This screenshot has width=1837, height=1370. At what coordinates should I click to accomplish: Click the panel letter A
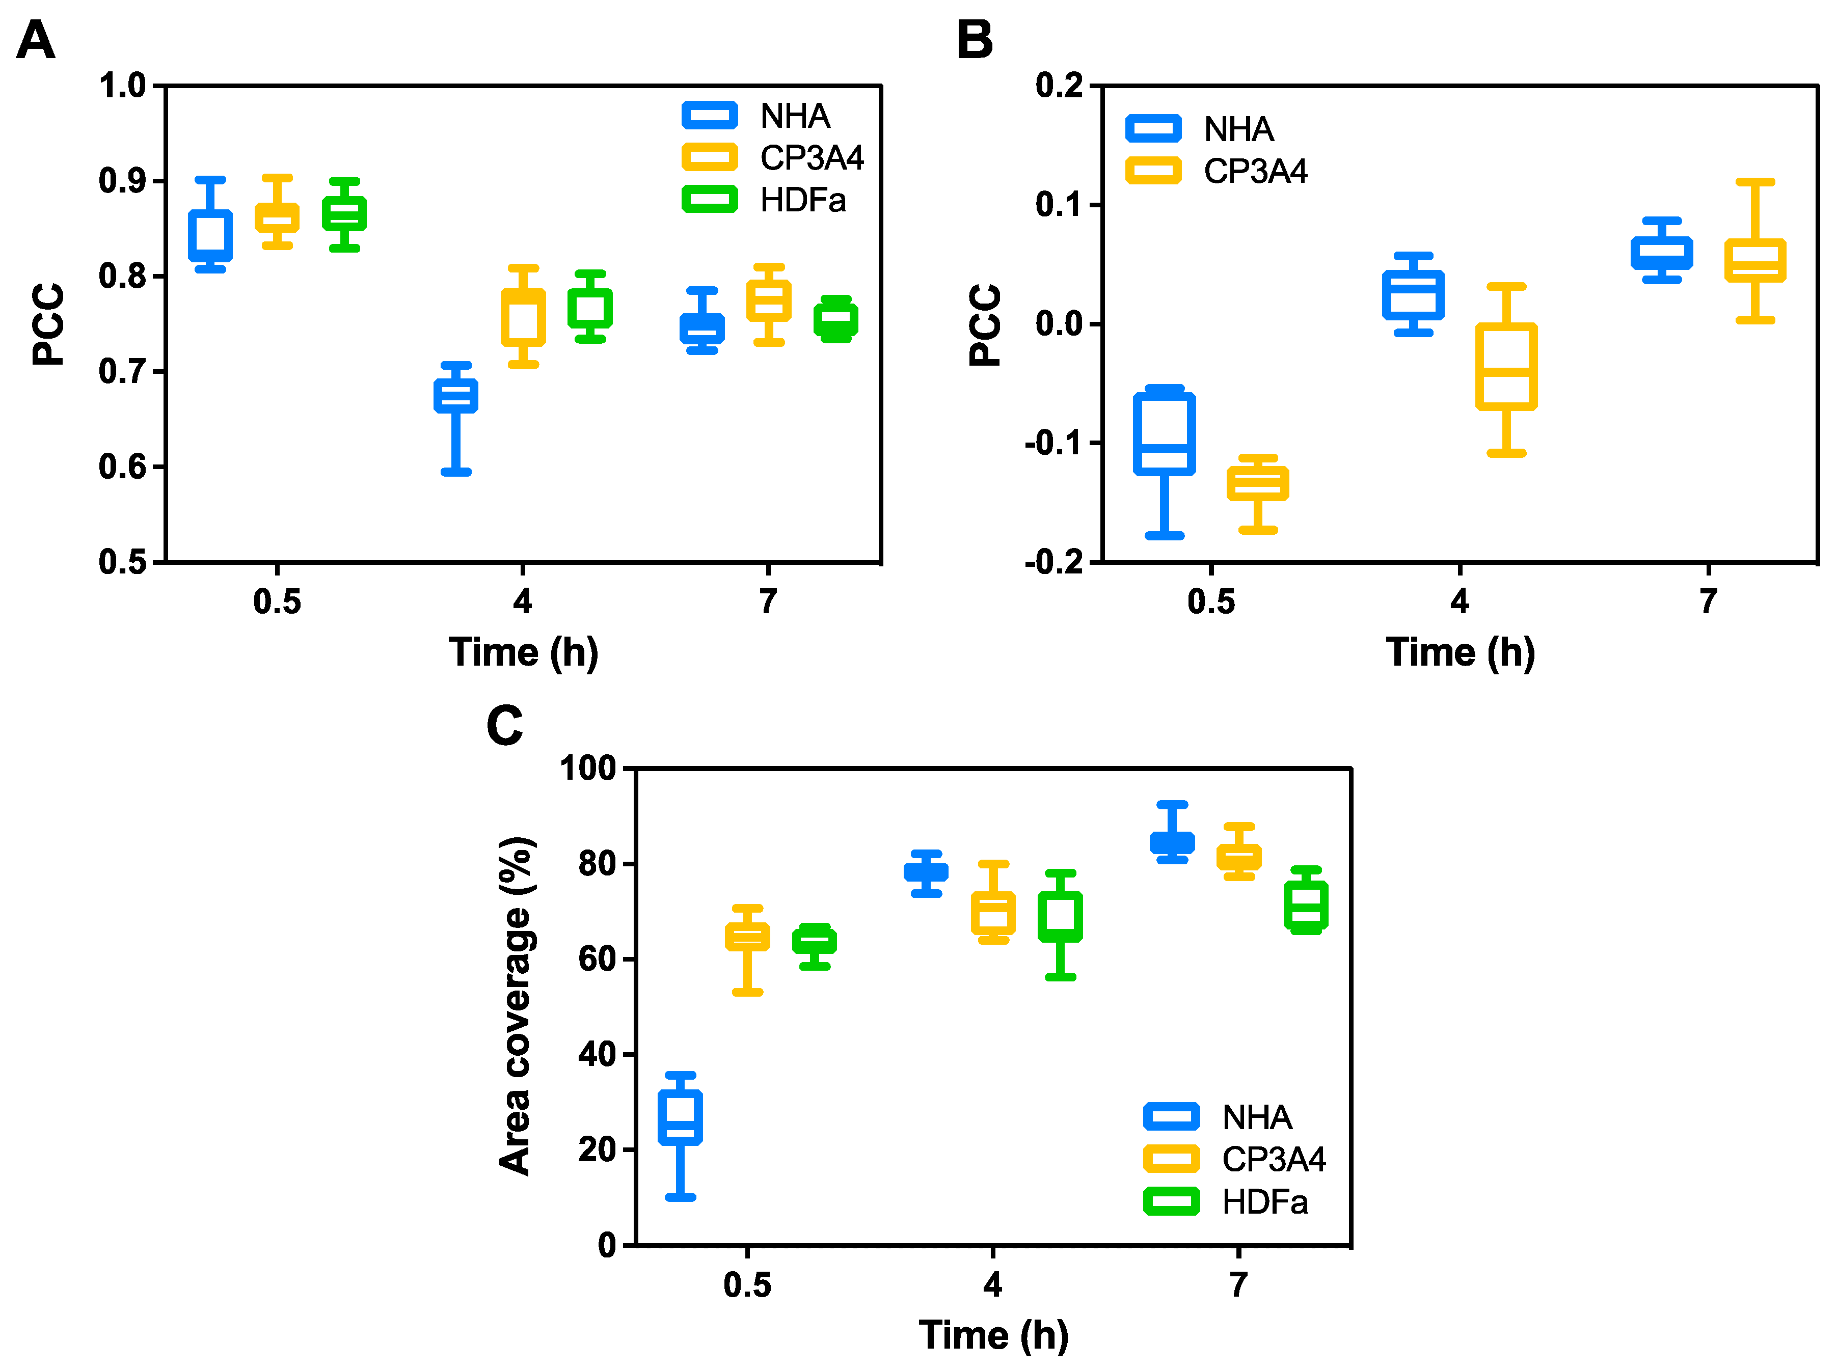point(36,41)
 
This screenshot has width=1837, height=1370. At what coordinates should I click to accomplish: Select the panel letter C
point(504,726)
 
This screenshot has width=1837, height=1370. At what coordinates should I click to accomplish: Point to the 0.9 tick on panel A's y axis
point(121,181)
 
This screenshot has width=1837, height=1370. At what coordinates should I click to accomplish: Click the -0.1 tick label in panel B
point(1053,444)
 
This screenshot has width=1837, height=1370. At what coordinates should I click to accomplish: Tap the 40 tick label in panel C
point(599,1054)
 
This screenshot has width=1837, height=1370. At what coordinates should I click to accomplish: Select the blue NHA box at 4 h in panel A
point(455,396)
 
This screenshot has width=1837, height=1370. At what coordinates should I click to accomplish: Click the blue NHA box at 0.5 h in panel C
point(680,1118)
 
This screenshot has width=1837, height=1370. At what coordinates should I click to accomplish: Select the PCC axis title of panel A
point(48,324)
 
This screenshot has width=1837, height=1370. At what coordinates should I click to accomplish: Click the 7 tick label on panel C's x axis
point(1238,1284)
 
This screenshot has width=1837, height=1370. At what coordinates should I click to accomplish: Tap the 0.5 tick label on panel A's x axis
point(277,601)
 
